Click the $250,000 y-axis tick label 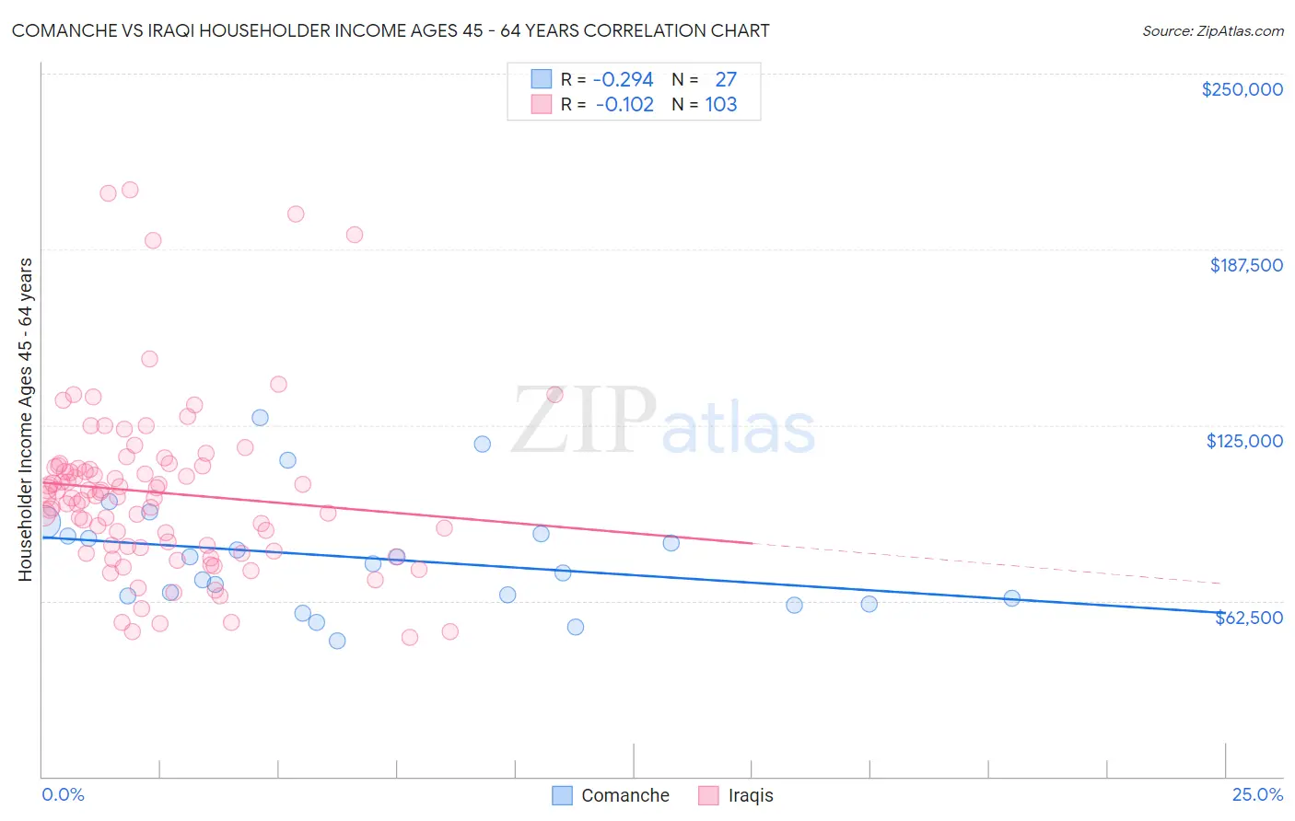[1242, 89]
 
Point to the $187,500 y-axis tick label [1245, 265]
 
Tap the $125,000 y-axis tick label [1244, 441]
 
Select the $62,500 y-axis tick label [1248, 618]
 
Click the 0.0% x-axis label [63, 794]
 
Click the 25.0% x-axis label [1257, 794]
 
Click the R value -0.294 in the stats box [623, 79]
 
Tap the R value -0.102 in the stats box [624, 104]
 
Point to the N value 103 [721, 104]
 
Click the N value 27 [726, 79]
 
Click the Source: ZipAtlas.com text [1212, 30]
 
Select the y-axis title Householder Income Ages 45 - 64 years [25, 420]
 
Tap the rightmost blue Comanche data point [1011, 598]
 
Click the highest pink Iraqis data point [130, 190]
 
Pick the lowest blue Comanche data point [337, 641]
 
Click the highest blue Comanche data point [260, 417]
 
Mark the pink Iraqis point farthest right [554, 394]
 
